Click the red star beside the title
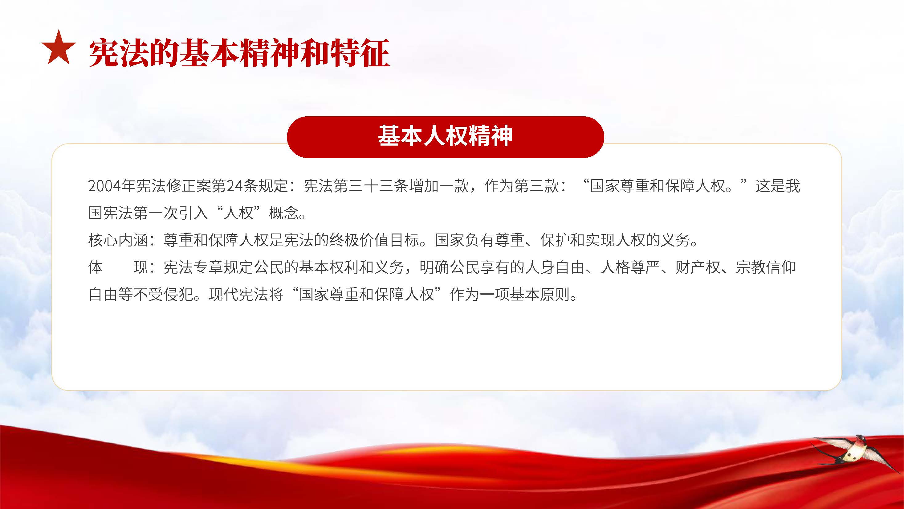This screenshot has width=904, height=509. [x=59, y=48]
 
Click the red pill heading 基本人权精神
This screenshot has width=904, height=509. [x=445, y=137]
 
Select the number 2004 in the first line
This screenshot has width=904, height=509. [x=104, y=186]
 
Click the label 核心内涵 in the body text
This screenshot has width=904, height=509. [x=118, y=240]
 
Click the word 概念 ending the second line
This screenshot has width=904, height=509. [x=284, y=213]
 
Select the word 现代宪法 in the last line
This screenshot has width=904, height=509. [x=239, y=294]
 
